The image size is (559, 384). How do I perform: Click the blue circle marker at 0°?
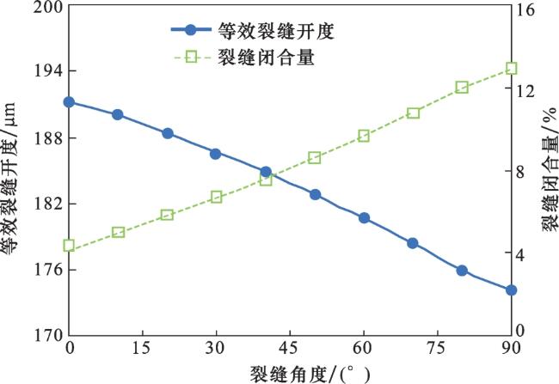click(69, 102)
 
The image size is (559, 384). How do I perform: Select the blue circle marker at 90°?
click(511, 290)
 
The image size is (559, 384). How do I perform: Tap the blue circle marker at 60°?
click(364, 218)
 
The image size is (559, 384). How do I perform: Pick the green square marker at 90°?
click(511, 69)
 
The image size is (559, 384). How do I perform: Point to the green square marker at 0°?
click(69, 246)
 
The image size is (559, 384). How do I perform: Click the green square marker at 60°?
click(364, 136)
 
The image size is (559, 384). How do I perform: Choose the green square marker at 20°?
click(167, 215)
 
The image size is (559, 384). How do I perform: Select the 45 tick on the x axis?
click(290, 349)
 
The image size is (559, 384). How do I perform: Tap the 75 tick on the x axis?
click(437, 349)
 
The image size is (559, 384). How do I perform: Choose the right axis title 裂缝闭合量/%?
click(548, 172)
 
